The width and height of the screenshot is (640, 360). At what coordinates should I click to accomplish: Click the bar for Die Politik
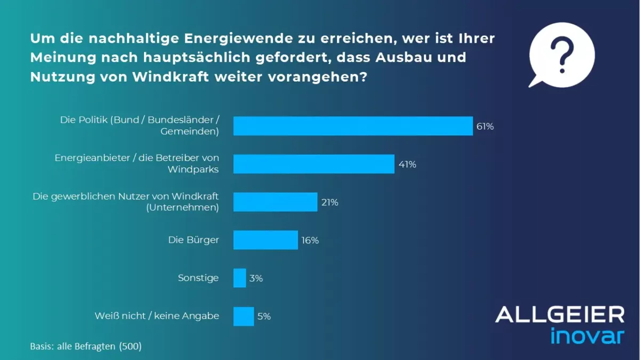pyautogui.click(x=353, y=126)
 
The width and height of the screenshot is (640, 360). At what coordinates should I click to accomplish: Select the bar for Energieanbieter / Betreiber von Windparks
pyautogui.click(x=314, y=164)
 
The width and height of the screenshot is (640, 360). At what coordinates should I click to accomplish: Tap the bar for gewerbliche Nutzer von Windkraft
pyautogui.click(x=275, y=202)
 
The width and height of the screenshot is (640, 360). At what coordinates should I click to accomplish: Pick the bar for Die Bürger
pyautogui.click(x=266, y=240)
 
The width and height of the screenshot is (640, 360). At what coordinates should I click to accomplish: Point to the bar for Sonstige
pyautogui.click(x=239, y=278)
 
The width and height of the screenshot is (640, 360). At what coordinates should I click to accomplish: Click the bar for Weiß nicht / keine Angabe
pyautogui.click(x=244, y=316)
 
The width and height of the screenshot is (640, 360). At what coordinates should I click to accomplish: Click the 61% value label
pyautogui.click(x=485, y=126)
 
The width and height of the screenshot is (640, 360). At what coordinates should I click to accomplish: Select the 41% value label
pyautogui.click(x=407, y=164)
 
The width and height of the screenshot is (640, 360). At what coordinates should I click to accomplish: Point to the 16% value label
pyautogui.click(x=310, y=241)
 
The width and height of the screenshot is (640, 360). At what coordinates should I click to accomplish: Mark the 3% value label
pyautogui.click(x=256, y=278)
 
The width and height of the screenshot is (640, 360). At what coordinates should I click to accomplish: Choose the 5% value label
pyautogui.click(x=264, y=316)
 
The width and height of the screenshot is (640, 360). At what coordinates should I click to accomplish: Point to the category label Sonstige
pyautogui.click(x=198, y=278)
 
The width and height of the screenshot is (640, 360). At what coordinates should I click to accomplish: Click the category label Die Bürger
pyautogui.click(x=194, y=240)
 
